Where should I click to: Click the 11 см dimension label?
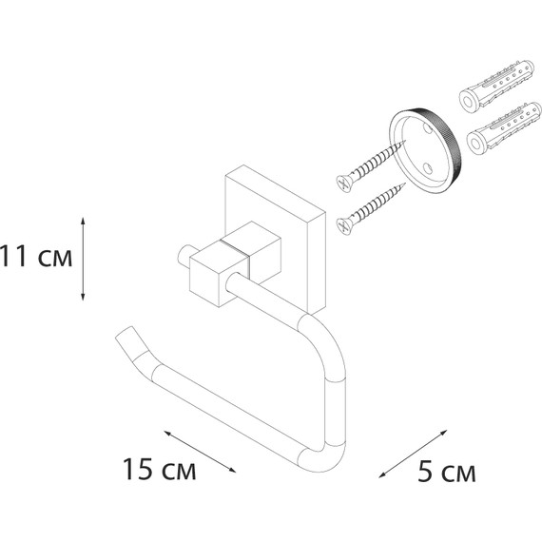click(x=36, y=257)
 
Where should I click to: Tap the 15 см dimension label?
click(x=160, y=470)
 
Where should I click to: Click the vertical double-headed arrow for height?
click(x=83, y=259)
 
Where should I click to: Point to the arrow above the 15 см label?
click(x=200, y=452)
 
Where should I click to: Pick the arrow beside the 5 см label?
click(x=413, y=454)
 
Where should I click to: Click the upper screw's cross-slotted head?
click(x=344, y=182)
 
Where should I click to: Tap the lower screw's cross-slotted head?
click(x=343, y=225)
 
